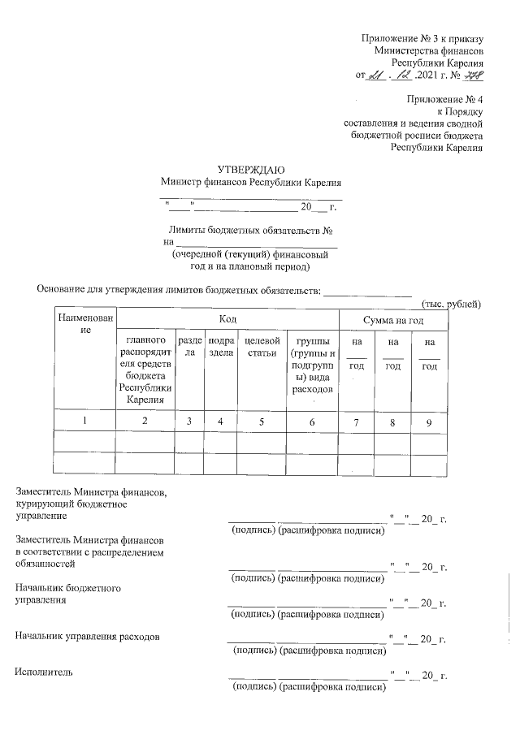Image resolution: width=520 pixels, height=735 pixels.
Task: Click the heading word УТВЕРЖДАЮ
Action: pos(250,169)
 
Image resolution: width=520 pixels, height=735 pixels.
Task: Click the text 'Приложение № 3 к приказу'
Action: pos(422,38)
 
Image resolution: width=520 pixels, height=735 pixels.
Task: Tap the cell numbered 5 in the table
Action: pos(261,421)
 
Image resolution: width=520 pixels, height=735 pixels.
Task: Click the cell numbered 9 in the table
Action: pos(428,421)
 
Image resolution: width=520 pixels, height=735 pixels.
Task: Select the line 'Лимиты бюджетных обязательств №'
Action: pos(250,230)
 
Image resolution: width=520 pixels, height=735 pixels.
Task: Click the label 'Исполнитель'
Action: pos(44,672)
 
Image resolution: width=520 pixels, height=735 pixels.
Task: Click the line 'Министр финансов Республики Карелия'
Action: pos(250,182)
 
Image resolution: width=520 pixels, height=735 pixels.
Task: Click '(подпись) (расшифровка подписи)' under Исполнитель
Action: pos(307,688)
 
